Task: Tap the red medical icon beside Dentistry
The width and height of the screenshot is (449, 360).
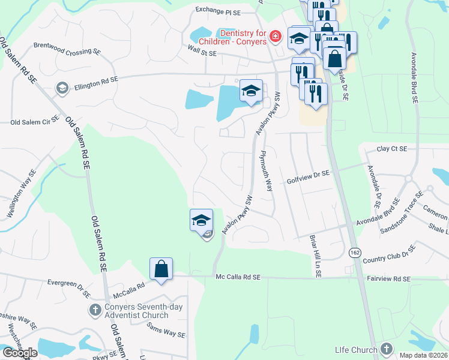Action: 276,37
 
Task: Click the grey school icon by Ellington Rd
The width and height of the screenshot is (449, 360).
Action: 61,88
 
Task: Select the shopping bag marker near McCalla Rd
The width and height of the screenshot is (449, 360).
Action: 161,269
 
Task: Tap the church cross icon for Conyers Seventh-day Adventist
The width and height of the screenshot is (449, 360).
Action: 94,310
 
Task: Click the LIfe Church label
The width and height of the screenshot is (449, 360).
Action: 357,350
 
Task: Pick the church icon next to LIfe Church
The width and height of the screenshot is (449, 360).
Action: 387,349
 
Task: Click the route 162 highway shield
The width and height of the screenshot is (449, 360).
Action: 354,254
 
